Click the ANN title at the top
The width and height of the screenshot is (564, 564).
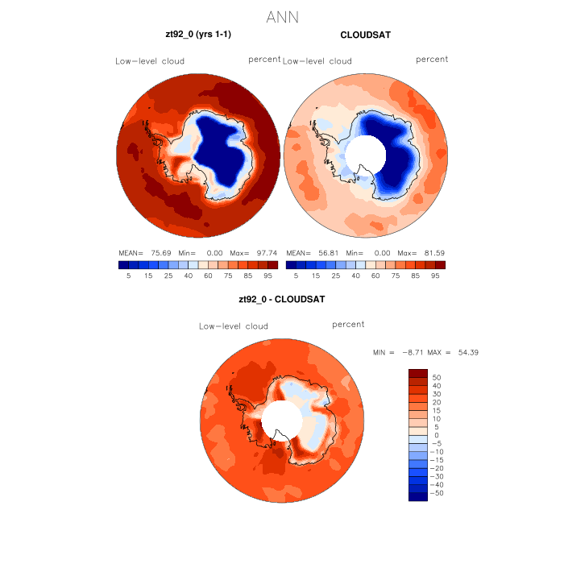pyautogui.click(x=282, y=17)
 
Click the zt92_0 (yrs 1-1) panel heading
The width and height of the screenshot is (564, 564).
pyautogui.click(x=198, y=35)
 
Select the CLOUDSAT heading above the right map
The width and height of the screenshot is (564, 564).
pyautogui.click(x=366, y=35)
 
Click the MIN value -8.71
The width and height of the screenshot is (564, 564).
pyautogui.click(x=412, y=353)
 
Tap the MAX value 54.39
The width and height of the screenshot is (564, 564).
pyautogui.click(x=467, y=353)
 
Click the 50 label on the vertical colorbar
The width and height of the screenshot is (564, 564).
pyautogui.click(x=438, y=377)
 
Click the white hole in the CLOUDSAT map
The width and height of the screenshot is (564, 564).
pyautogui.click(x=364, y=150)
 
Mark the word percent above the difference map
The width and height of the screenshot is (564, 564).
pyautogui.click(x=348, y=324)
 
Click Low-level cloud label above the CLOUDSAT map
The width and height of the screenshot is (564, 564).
pyautogui.click(x=317, y=61)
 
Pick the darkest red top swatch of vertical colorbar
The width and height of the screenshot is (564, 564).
pyautogui.click(x=417, y=372)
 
